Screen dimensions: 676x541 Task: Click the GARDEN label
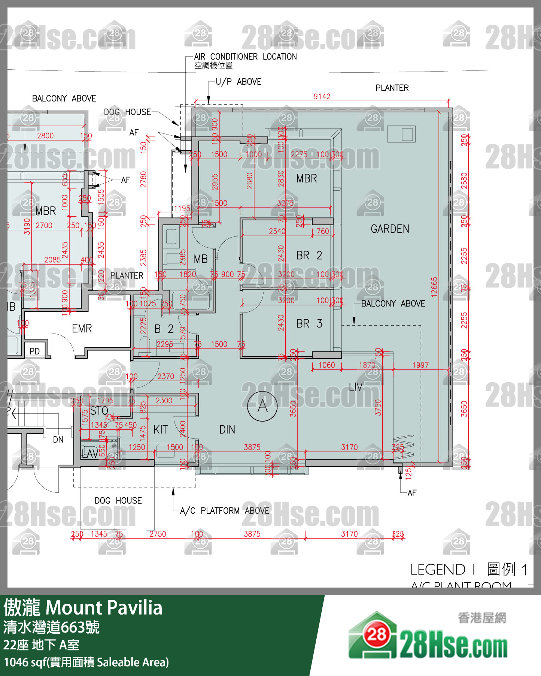[390, 229]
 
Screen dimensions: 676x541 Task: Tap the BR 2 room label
[309, 256]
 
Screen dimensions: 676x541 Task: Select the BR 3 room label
[309, 323]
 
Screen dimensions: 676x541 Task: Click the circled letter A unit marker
[262, 406]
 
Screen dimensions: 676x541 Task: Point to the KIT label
[160, 429]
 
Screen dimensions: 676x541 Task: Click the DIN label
[227, 429]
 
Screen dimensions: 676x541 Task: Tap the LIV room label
[356, 387]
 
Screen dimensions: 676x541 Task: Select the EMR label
[82, 329]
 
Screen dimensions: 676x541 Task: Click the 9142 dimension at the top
[322, 96]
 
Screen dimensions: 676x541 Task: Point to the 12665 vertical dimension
[434, 287]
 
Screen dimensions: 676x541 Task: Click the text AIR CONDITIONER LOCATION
[245, 57]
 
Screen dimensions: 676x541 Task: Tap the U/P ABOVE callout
[238, 82]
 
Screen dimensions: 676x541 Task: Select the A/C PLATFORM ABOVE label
[224, 511]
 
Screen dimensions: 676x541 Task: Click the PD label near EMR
[34, 351]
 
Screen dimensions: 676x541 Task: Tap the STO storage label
[99, 411]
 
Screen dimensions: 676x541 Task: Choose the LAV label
[90, 454]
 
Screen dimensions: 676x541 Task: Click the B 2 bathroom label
[164, 329]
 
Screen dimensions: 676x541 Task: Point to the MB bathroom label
[200, 259]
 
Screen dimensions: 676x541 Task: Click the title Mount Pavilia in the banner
[104, 608]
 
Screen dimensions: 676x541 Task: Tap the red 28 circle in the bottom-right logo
[376, 634]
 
